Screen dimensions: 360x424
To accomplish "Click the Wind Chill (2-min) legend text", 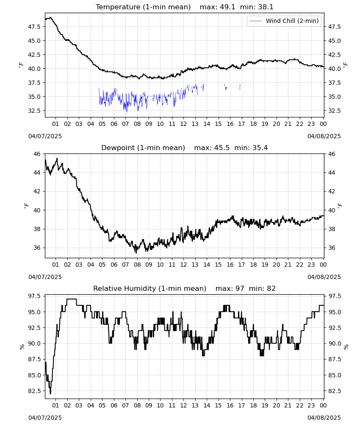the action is coord(292,21).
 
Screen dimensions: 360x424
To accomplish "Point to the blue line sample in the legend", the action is coord(255,21).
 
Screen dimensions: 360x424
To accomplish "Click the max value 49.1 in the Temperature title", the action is coord(228,7).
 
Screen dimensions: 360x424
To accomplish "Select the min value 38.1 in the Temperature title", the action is coord(266,7).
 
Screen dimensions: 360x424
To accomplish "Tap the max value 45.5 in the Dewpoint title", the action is coord(222,148).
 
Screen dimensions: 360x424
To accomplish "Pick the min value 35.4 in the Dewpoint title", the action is coord(260,148).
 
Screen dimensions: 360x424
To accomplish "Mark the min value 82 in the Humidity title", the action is coord(271,288).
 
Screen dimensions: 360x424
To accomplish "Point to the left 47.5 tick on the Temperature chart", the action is coord(34,27).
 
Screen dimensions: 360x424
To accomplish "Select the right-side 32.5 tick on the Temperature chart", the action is coord(334,111).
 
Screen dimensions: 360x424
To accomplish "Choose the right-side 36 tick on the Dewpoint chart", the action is coord(332,248).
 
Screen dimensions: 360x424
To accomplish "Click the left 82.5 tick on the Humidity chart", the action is coord(34,391).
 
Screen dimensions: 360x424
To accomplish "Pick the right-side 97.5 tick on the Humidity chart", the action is coord(334,296).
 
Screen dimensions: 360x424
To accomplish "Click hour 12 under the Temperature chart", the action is coord(184,124).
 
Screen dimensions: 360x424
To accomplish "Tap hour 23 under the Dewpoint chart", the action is coord(311,265).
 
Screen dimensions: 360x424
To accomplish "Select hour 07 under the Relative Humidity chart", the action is coord(125,405).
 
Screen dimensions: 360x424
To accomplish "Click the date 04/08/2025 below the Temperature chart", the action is coord(324,136).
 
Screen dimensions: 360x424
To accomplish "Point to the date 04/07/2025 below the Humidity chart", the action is coord(45,418).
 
